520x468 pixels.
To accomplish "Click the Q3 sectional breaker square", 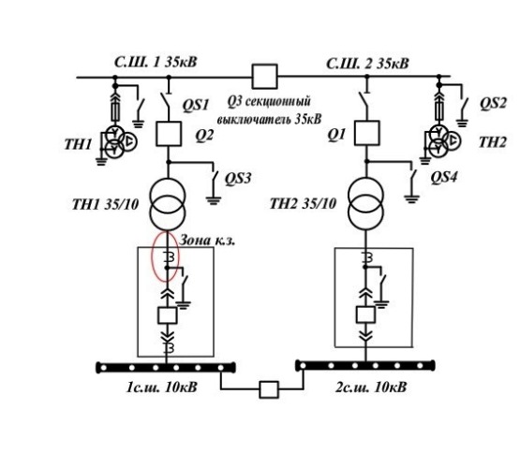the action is pos(264,77).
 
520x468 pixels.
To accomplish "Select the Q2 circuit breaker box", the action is pos(169,134).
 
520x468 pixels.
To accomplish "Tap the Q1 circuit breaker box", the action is pos(366,133).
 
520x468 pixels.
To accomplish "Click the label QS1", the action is pos(196,105).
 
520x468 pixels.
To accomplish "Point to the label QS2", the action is pos(493,103).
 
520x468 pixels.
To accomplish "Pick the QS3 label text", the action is pos(238,178).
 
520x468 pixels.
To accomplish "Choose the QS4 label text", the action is pos(443,177).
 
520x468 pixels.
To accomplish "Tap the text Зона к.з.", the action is pos(207,241).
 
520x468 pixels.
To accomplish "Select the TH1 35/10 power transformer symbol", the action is pos(168,204).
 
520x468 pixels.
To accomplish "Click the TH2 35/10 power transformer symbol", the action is pos(365,204).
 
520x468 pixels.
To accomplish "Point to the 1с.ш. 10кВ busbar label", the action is pos(161,387).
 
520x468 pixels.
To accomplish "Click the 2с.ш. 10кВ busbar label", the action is pos(371,387).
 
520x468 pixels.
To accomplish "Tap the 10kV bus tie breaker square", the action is pos(269,389).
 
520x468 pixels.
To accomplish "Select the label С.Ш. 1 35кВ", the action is pos(156,63).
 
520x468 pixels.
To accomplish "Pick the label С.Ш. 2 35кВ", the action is pos(367,63).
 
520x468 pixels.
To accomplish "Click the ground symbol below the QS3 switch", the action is pos(214,200).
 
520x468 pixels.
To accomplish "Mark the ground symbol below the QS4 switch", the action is pos(411,199).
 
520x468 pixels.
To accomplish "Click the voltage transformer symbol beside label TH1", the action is pos(118,141).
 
